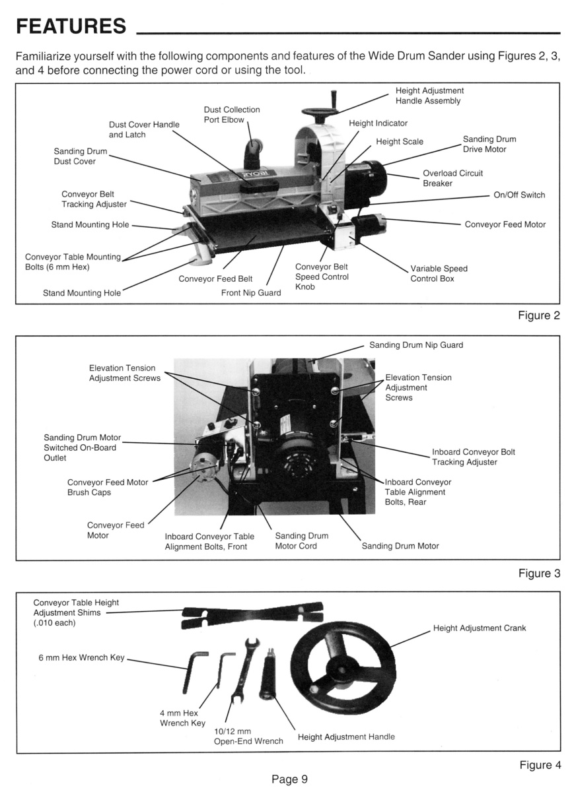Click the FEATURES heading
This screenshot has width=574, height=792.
pos(71,26)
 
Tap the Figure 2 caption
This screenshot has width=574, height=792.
pos(538,315)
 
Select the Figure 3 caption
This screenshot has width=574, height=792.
pos(538,574)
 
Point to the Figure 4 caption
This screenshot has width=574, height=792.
pos(540,765)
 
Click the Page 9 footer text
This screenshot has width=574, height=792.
pos(289,779)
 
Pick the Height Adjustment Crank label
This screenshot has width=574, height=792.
pos(480,628)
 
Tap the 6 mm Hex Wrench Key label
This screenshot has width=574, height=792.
pos(81,659)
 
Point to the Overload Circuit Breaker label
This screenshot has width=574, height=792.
pos(452,178)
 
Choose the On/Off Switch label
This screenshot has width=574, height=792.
pos(519,195)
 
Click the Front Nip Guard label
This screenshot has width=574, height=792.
pos(251,293)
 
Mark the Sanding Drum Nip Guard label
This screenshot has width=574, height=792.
pos(416,345)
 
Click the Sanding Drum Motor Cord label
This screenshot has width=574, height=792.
pos(301,541)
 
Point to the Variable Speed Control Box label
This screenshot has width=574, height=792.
pos(439,274)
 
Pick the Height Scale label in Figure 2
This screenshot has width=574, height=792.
pos(400,142)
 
